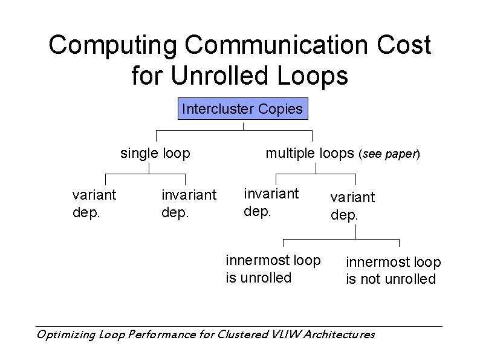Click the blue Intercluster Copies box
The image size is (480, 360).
(242, 110)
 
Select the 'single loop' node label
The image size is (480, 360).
(155, 154)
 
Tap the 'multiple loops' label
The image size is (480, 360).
(310, 154)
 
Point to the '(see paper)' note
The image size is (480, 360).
(389, 154)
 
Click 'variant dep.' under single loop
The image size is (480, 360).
(94, 203)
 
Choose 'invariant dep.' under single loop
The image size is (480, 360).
(189, 204)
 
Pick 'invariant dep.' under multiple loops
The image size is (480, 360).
(271, 202)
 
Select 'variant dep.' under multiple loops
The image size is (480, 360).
(352, 206)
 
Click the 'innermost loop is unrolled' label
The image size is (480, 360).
(273, 269)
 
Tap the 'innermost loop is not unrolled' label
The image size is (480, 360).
(393, 270)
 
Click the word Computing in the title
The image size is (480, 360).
(113, 46)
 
